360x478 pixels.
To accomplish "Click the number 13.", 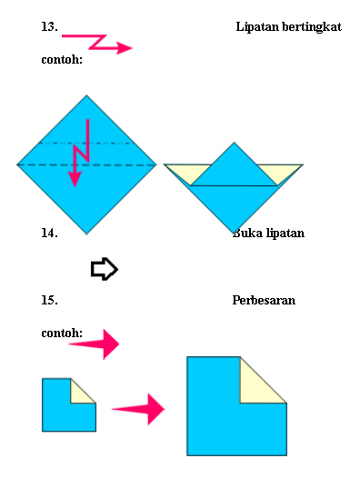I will click(x=49, y=27).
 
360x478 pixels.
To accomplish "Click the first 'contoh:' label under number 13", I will click(x=62, y=61).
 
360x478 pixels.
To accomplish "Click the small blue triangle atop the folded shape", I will click(x=234, y=168).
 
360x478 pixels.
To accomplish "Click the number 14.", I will click(x=49, y=233).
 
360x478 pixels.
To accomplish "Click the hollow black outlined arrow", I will click(x=105, y=269).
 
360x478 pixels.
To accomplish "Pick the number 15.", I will click(x=49, y=299).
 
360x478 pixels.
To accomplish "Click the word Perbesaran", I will click(x=264, y=299).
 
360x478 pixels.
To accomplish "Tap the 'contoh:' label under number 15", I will click(x=62, y=334).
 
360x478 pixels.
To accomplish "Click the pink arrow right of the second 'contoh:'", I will click(x=96, y=344).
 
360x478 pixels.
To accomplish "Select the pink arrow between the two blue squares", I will click(x=140, y=409).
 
